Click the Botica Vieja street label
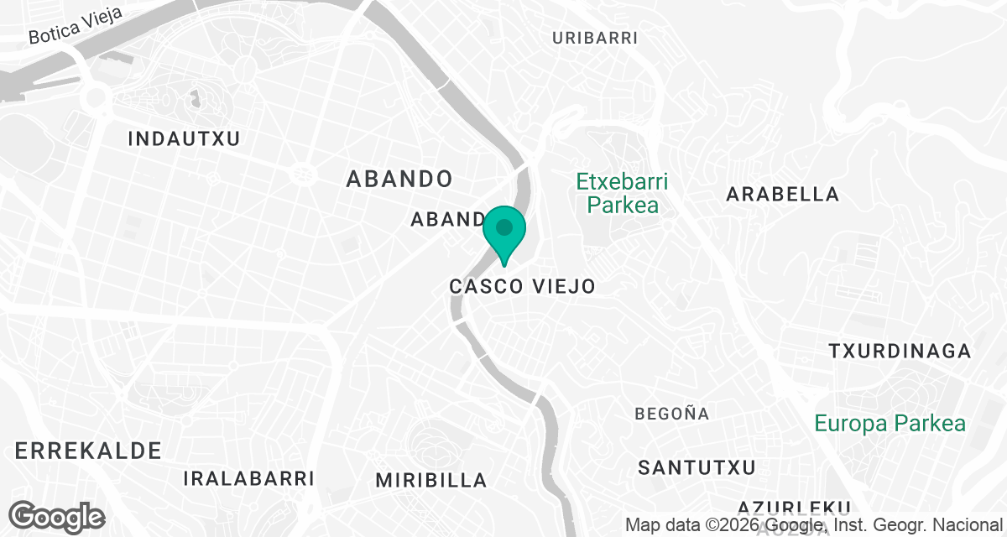click(x=76, y=26)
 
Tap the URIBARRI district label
click(x=596, y=38)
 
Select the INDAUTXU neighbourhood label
click(x=184, y=139)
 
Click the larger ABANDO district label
click(x=399, y=179)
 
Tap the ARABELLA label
click(x=782, y=195)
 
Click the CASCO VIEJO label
click(x=522, y=286)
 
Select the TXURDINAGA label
click(x=900, y=351)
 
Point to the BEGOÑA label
click(x=672, y=414)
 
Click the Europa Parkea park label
click(x=890, y=424)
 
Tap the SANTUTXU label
click(x=697, y=467)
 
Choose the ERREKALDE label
click(x=88, y=451)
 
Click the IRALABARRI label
click(x=248, y=479)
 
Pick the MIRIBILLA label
click(x=430, y=481)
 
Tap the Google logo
click(x=57, y=516)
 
